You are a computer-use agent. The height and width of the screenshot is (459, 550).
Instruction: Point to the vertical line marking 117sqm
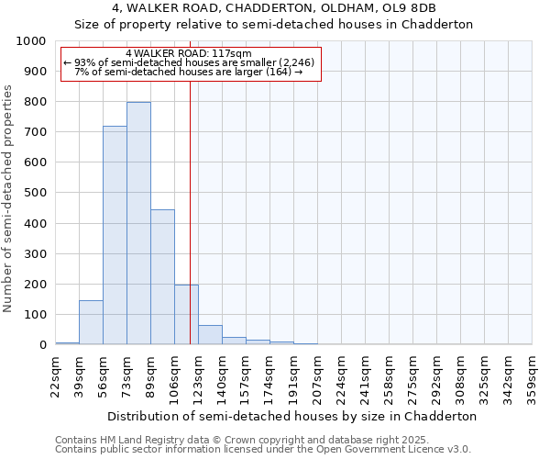click(x=190, y=211)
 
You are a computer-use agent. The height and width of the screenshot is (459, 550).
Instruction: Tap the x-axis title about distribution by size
click(x=292, y=416)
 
